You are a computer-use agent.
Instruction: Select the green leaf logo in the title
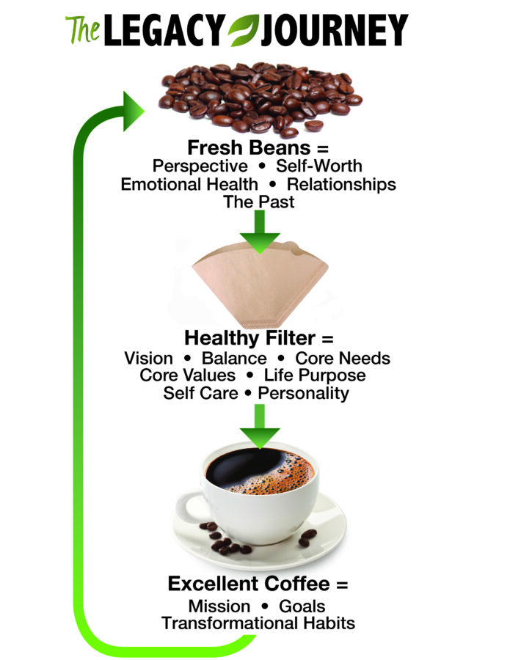tap(240, 31)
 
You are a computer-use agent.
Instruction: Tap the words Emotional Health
tap(189, 184)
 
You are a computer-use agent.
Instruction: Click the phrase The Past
tap(258, 202)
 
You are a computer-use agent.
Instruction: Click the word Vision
tap(149, 359)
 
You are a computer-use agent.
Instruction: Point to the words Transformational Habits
tap(258, 624)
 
